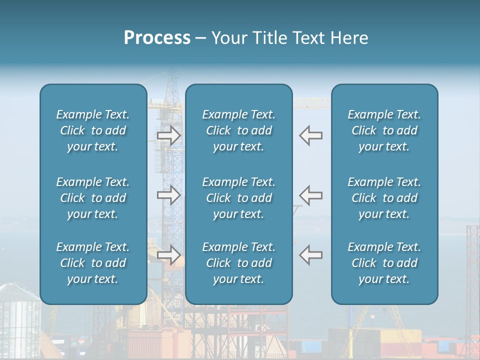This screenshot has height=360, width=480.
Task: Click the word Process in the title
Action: pyautogui.click(x=157, y=38)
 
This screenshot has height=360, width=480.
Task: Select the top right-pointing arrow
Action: pyautogui.click(x=168, y=135)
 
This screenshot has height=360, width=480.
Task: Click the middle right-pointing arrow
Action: pyautogui.click(x=168, y=195)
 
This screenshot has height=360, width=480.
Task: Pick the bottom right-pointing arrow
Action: pyautogui.click(x=168, y=255)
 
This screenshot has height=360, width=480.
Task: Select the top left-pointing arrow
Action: pyautogui.click(x=311, y=135)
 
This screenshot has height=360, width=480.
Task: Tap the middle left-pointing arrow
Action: pyautogui.click(x=311, y=195)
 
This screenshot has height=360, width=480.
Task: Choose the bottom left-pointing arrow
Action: pyautogui.click(x=311, y=255)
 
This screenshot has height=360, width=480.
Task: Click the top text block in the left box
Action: pyautogui.click(x=93, y=130)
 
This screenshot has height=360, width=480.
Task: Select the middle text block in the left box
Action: pyautogui.click(x=93, y=198)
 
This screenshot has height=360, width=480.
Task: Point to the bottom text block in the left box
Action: pyautogui.click(x=93, y=263)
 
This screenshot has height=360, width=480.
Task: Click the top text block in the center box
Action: pyautogui.click(x=238, y=130)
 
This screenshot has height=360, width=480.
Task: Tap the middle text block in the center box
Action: pyautogui.click(x=238, y=198)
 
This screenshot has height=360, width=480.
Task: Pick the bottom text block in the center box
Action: pyautogui.click(x=238, y=263)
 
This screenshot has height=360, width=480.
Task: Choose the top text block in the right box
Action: pyautogui.click(x=384, y=130)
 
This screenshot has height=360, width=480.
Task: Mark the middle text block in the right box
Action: pyautogui.click(x=384, y=198)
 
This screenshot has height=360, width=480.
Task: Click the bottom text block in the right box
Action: pyautogui.click(x=384, y=263)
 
